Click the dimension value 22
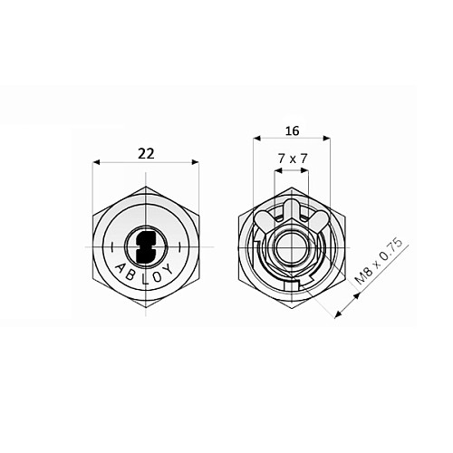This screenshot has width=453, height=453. pos(145,153)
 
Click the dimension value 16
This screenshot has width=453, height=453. pos(293,129)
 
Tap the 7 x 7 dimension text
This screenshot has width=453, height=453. pos(293,158)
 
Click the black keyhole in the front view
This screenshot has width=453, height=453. pos(145,246)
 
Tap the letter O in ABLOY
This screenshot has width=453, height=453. pos(156,275)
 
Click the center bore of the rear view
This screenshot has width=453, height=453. pos(292,246)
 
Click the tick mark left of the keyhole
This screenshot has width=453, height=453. pos(109,246)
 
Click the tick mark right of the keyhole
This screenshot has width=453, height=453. pos(180,246)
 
